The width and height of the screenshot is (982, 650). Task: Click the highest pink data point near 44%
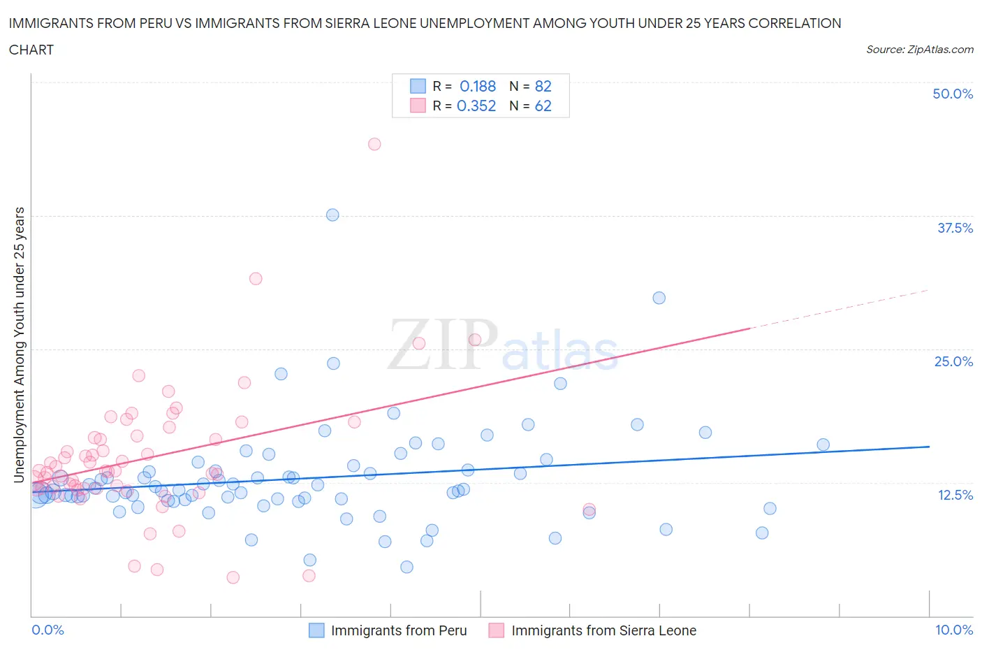(374, 144)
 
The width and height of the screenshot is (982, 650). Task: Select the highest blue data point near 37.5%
(332, 215)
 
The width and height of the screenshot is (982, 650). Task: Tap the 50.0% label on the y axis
(953, 94)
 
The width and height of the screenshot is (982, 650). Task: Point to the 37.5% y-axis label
(955, 228)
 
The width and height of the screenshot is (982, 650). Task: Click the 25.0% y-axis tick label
(953, 361)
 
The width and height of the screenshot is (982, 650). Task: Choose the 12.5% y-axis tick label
(955, 495)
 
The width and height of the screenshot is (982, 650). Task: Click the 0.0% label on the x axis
(48, 630)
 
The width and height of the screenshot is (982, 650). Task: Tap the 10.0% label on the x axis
(954, 630)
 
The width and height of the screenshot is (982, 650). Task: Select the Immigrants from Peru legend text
(399, 630)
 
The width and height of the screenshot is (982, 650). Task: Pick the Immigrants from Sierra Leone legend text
(603, 630)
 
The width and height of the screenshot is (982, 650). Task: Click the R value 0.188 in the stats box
(478, 86)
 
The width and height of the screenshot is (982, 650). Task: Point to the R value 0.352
(476, 106)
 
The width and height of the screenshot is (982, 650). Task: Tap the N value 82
(543, 86)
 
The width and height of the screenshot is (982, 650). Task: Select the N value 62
(543, 106)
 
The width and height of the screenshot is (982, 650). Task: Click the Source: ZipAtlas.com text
(919, 49)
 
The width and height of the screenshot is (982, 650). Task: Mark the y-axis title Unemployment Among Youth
(20, 345)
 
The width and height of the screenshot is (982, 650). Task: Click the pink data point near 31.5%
(256, 278)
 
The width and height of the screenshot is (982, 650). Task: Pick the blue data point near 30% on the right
(659, 298)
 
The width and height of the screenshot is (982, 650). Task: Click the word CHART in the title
(31, 50)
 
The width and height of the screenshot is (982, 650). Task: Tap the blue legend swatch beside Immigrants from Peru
(316, 630)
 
